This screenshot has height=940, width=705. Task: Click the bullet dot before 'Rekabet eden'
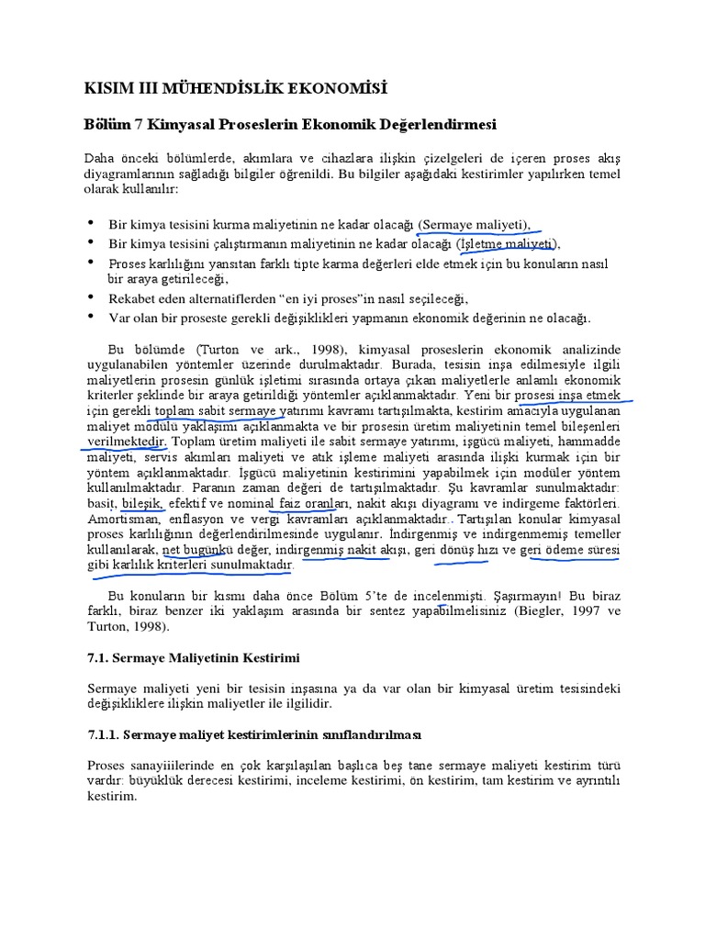tap(91, 298)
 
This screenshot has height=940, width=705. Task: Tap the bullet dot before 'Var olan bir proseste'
tap(91, 318)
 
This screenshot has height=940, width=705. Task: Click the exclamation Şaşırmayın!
tap(498, 596)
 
